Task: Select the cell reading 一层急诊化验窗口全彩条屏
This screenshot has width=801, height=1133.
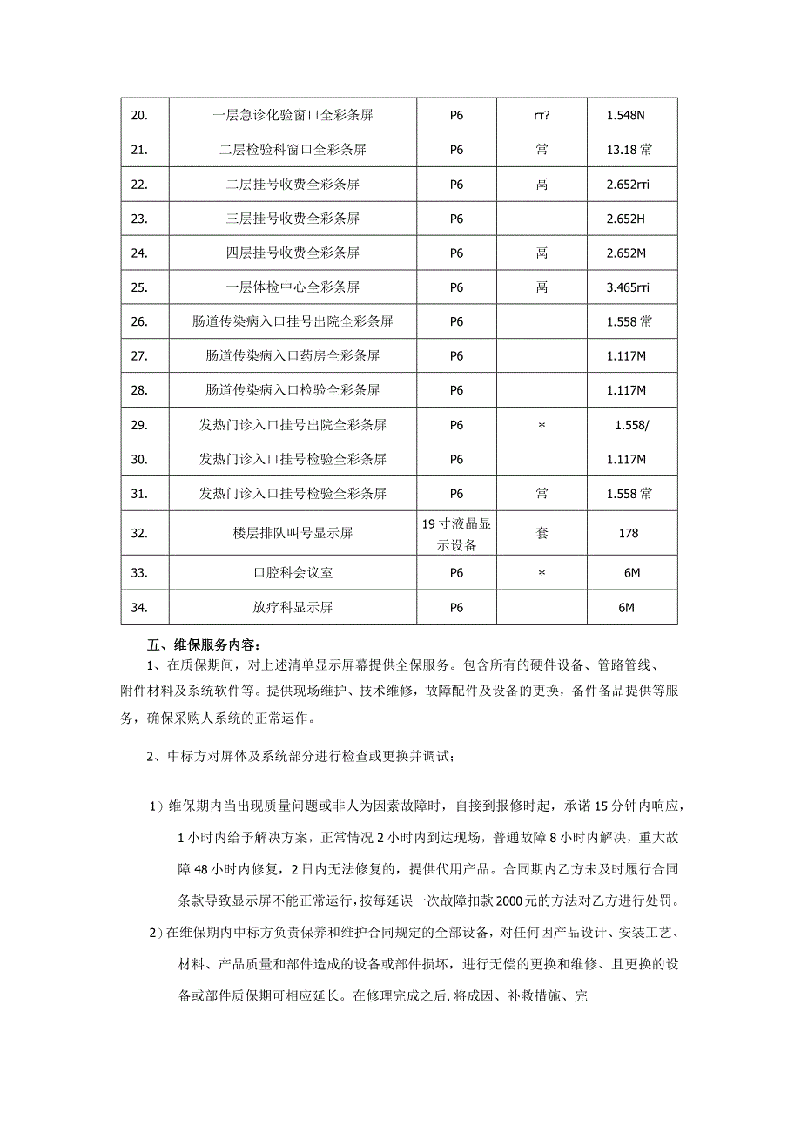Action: coord(293,115)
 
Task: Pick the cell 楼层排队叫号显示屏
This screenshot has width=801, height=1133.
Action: coord(293,533)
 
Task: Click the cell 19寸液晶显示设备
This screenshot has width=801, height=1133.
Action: coord(456,533)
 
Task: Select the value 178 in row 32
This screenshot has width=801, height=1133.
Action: coord(629,533)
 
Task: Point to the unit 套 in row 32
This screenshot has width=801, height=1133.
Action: coord(542,533)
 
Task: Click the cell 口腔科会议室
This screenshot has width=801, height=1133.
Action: coord(293,573)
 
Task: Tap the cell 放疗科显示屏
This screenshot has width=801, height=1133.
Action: coord(293,608)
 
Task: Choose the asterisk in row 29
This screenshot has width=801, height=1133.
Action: coord(542,425)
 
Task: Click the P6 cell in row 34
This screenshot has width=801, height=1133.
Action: coord(456,608)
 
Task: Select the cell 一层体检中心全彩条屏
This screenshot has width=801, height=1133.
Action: coord(293,287)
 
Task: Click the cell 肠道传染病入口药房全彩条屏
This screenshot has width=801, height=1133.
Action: coord(293,356)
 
